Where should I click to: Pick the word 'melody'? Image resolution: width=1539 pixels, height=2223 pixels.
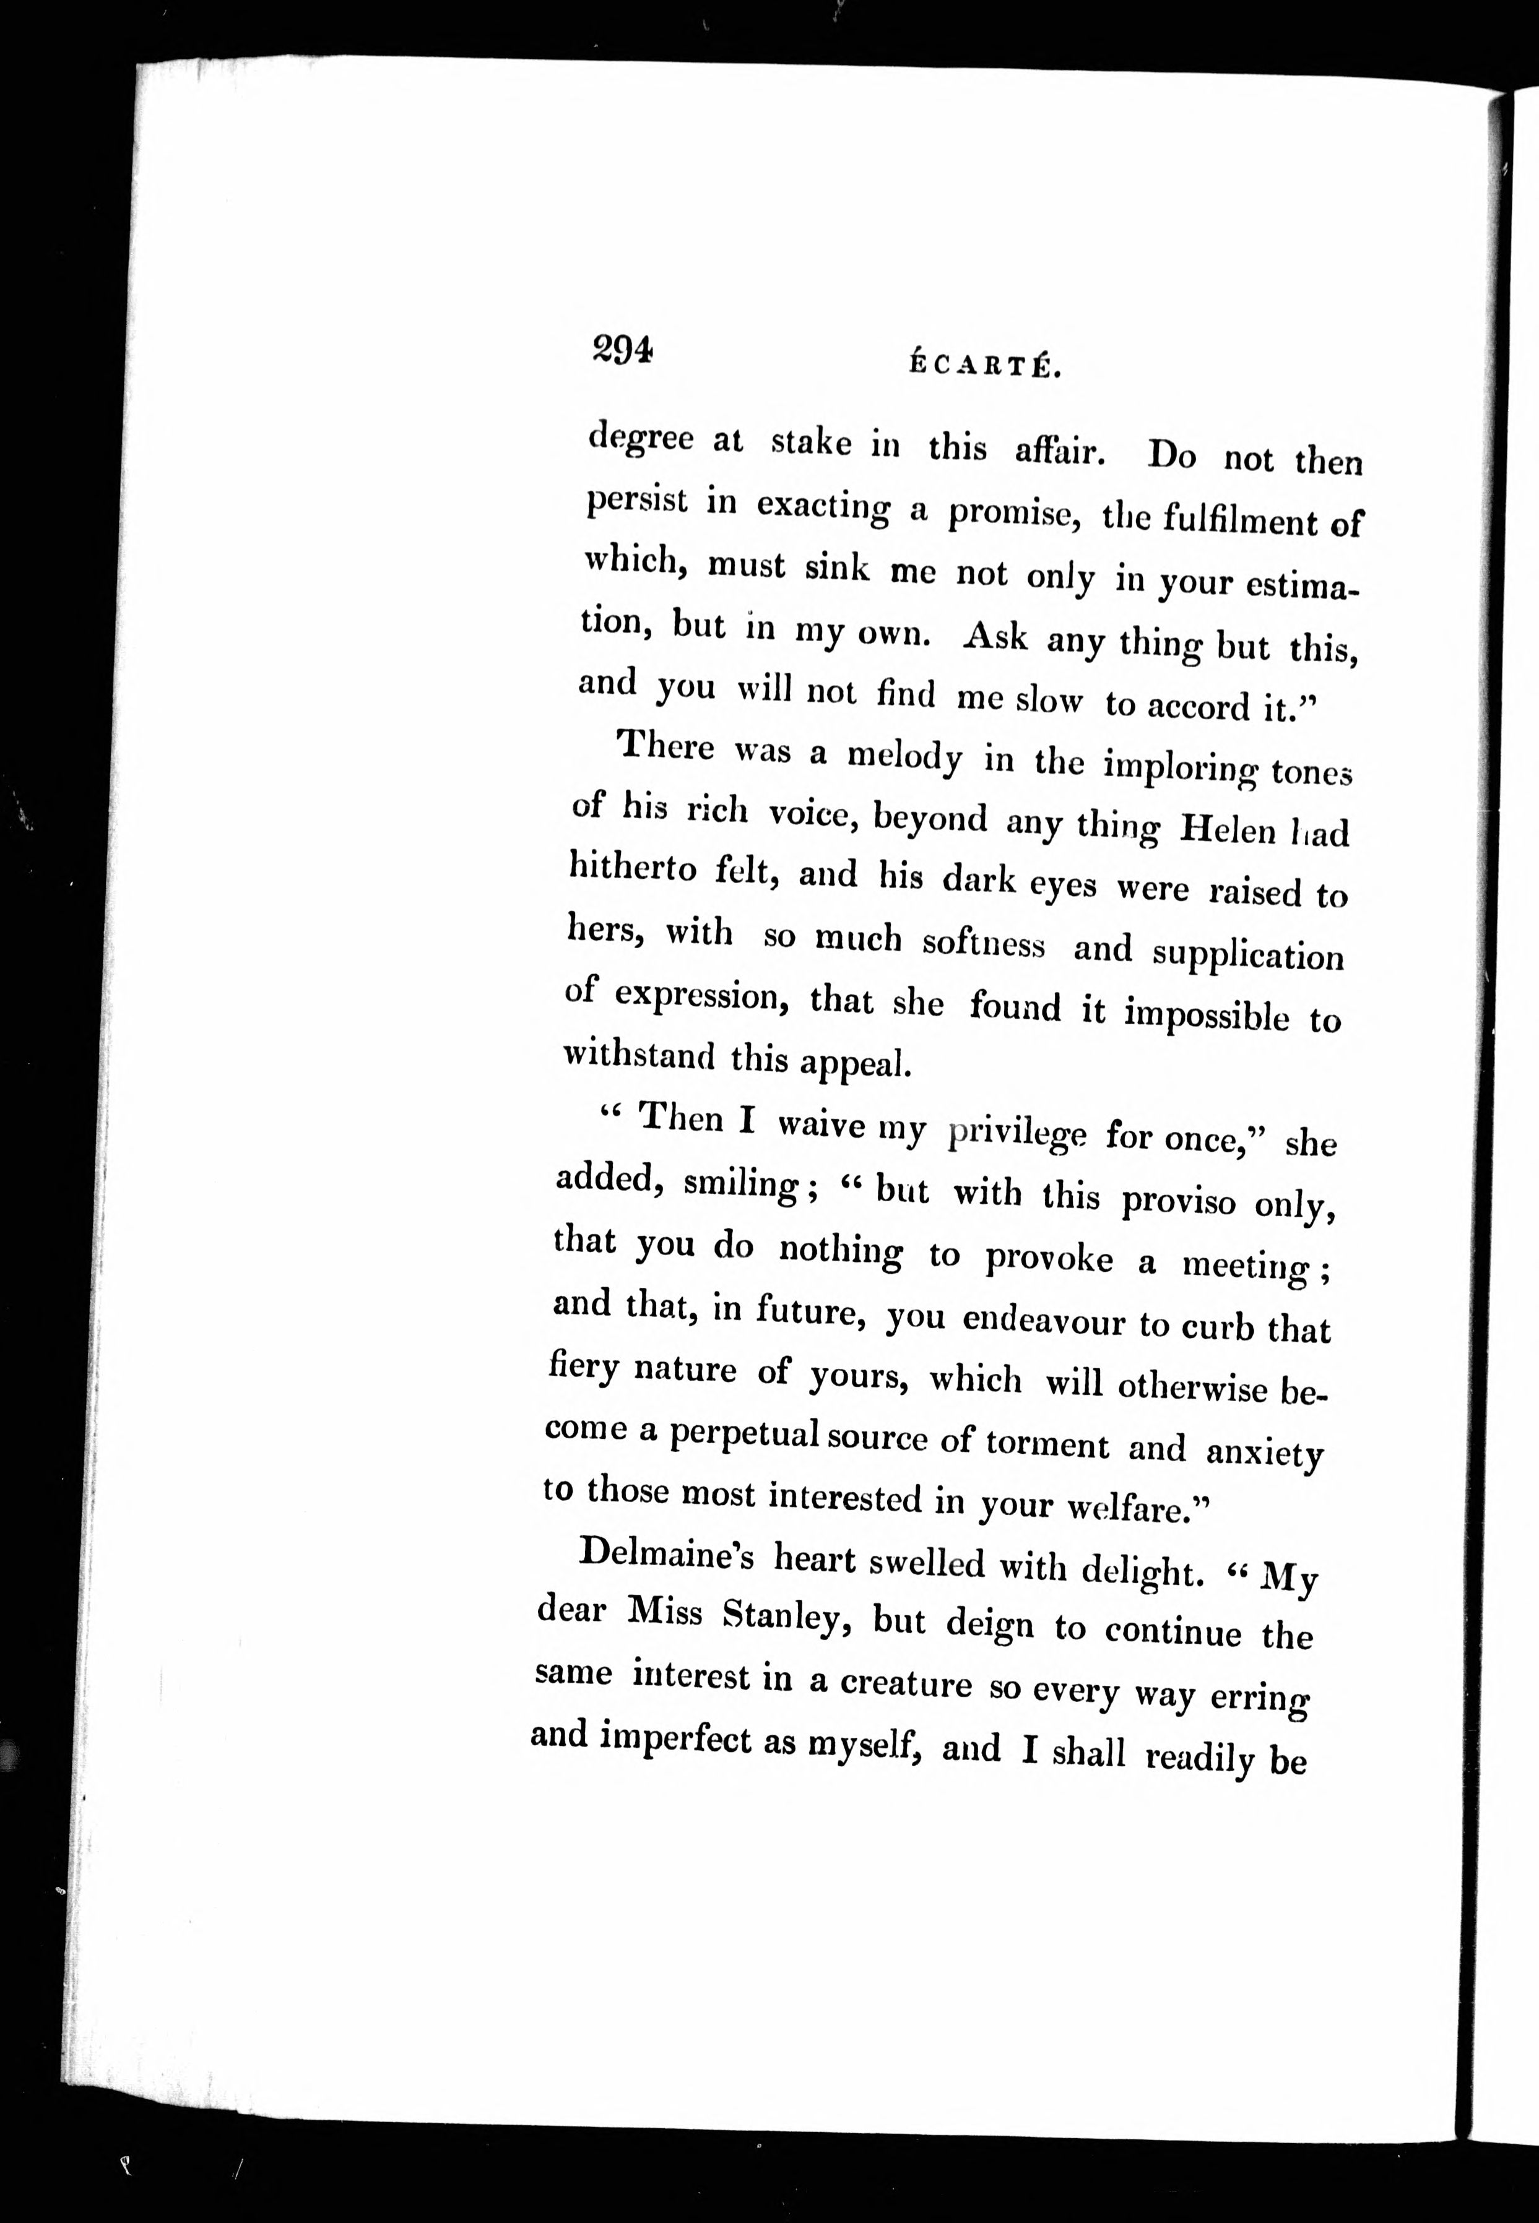904,758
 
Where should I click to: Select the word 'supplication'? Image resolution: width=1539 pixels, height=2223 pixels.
1248,956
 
